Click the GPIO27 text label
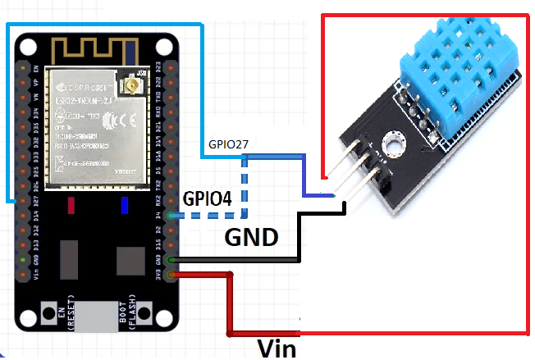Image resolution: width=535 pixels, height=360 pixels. (228, 144)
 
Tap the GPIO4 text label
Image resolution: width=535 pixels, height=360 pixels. (207, 198)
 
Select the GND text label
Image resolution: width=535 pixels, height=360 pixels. (251, 238)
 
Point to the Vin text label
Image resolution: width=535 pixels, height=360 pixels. (276, 348)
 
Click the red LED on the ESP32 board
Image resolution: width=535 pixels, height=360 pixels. (73, 205)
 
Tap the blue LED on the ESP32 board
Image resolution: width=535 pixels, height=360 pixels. (126, 205)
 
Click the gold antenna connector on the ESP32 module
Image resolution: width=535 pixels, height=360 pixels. (130, 84)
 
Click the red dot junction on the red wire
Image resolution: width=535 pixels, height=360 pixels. (230, 276)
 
